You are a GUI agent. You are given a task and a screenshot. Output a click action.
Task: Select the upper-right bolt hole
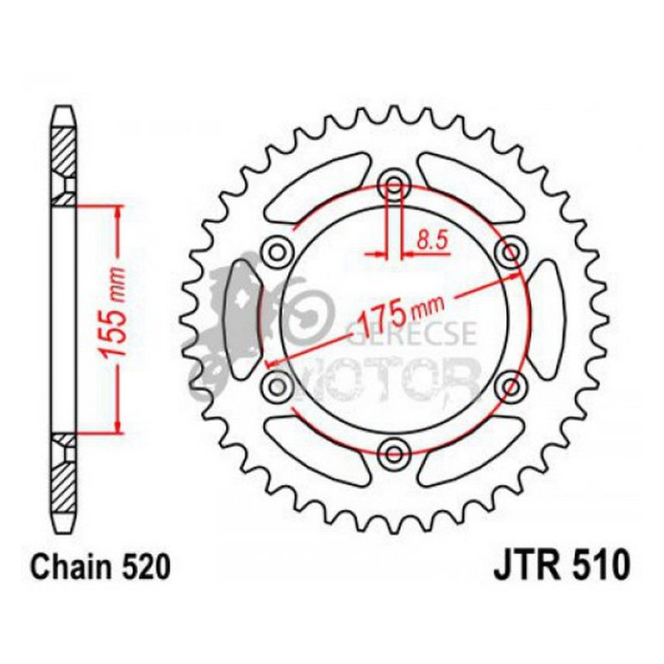pyautogui.click(x=511, y=251)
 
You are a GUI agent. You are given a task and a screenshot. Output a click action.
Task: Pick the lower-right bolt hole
pyautogui.click(x=511, y=383)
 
